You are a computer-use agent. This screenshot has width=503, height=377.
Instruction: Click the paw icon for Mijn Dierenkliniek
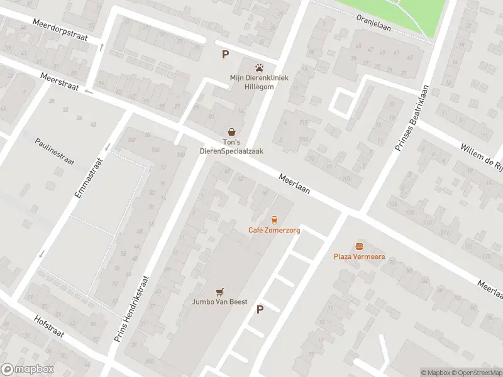(258, 67)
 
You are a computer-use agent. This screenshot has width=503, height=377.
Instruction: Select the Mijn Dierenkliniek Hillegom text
(258, 82)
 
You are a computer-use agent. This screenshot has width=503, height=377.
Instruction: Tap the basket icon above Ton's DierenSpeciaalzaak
(232, 131)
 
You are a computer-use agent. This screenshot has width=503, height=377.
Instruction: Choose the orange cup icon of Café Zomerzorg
(274, 219)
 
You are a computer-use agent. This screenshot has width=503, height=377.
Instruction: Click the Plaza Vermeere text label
(359, 257)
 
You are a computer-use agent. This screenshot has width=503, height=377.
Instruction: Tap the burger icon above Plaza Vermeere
(359, 246)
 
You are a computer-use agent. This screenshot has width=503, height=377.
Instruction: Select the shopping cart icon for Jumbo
(219, 291)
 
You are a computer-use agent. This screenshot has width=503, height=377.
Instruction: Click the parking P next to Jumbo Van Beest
(260, 309)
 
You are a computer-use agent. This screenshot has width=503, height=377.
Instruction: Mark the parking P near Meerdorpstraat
(225, 55)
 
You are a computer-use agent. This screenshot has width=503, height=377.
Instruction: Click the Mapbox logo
(27, 369)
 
